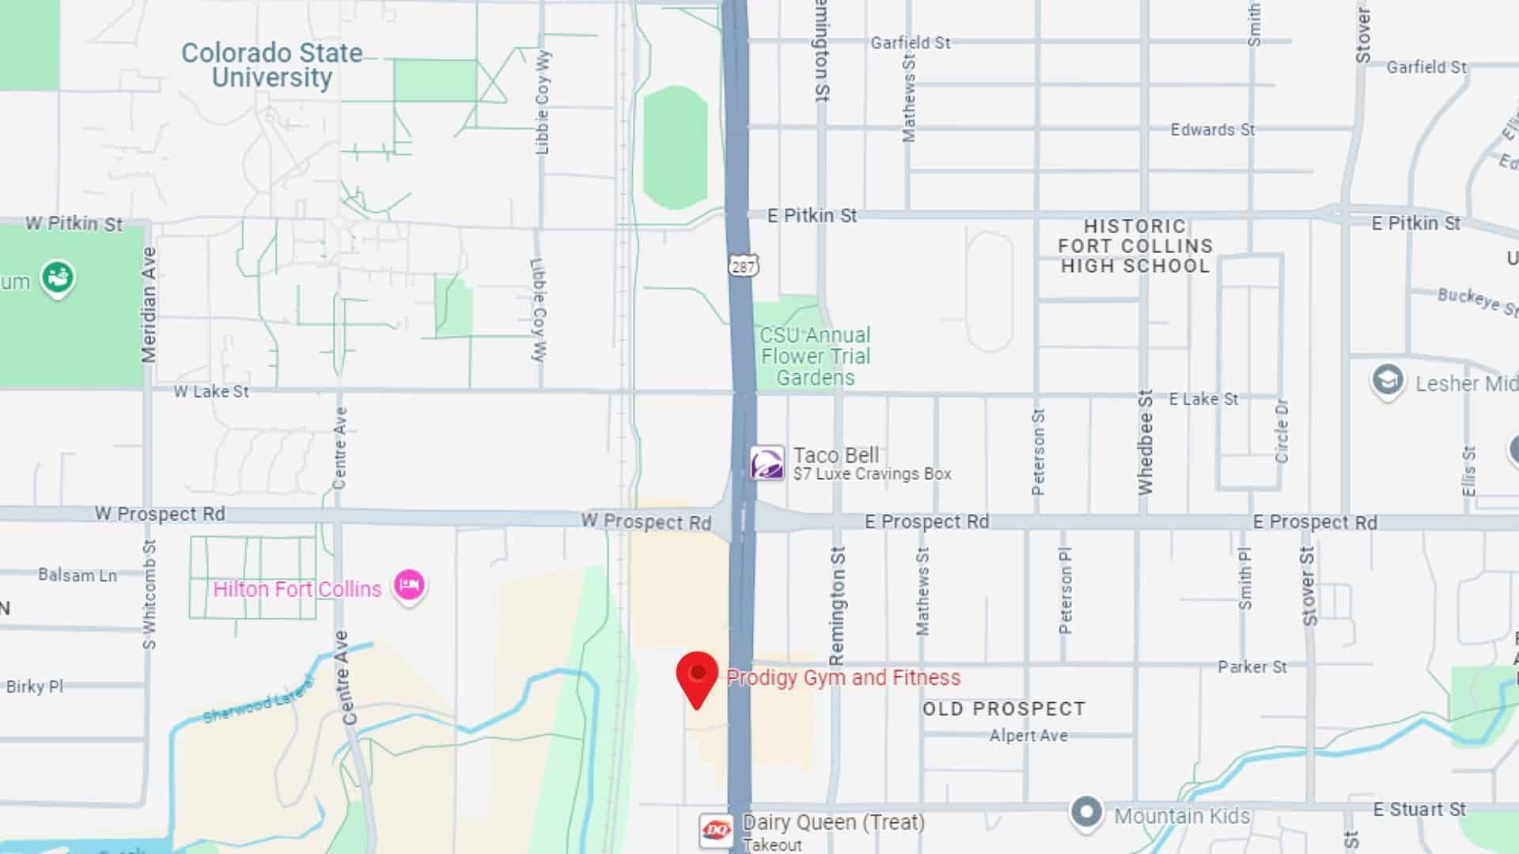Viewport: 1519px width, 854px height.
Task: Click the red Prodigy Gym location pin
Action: pyautogui.click(x=697, y=677)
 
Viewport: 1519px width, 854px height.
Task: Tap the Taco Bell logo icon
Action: pyautogui.click(x=767, y=463)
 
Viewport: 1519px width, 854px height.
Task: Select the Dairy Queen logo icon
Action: pyautogui.click(x=716, y=829)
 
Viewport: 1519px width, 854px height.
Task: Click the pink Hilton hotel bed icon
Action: pyautogui.click(x=409, y=586)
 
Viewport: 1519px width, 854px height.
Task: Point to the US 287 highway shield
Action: pyautogui.click(x=743, y=266)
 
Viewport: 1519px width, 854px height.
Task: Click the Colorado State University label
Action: pyautogui.click(x=271, y=65)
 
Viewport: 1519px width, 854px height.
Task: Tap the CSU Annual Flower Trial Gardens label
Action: pyautogui.click(x=815, y=356)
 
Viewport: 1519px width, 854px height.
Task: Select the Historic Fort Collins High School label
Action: pyautogui.click(x=1135, y=246)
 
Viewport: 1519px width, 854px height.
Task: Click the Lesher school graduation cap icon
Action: pyautogui.click(x=1387, y=380)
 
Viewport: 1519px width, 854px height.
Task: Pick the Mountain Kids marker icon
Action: pyautogui.click(x=1086, y=812)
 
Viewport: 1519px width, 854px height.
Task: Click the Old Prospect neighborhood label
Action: pyautogui.click(x=1004, y=709)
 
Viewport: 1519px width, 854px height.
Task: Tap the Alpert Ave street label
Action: pyautogui.click(x=1028, y=735)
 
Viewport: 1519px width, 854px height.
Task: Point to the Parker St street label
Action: pyautogui.click(x=1252, y=667)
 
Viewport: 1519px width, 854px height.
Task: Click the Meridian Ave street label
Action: pyautogui.click(x=149, y=304)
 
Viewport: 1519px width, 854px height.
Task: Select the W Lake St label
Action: pyautogui.click(x=211, y=391)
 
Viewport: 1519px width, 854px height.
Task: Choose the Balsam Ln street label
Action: pyautogui.click(x=78, y=575)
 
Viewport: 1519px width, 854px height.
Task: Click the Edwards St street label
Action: pyautogui.click(x=1213, y=130)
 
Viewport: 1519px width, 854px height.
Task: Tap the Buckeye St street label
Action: pyautogui.click(x=1476, y=301)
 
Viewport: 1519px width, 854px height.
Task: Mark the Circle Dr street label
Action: pyautogui.click(x=1282, y=431)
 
